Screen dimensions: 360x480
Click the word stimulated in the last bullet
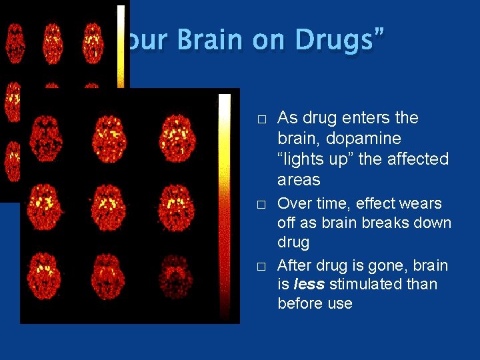[x=364, y=285]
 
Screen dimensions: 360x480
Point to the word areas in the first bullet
[x=299, y=180]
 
